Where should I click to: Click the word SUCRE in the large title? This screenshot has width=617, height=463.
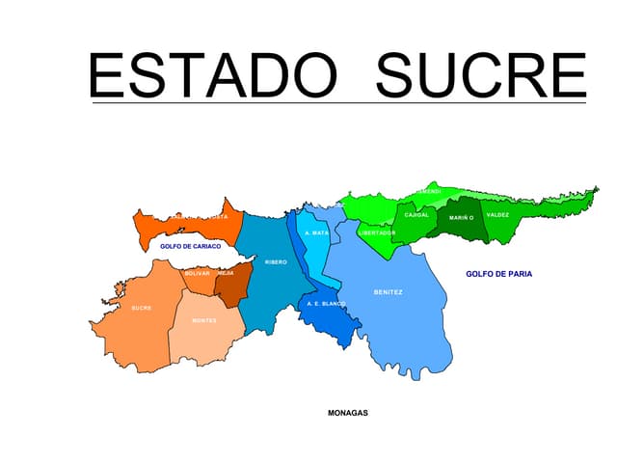(480, 74)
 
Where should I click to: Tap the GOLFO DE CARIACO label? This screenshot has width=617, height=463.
(191, 247)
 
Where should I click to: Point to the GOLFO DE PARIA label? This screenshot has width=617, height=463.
(498, 274)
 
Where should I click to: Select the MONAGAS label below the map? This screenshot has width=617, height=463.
(348, 413)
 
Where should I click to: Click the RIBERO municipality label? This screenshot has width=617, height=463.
(276, 262)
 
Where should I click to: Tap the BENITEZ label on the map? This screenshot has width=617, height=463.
(389, 292)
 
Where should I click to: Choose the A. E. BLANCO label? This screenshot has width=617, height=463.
(326, 304)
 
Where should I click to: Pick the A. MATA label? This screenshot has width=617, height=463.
(316, 233)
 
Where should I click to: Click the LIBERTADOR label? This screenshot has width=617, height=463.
(377, 232)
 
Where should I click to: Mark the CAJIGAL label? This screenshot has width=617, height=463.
(416, 215)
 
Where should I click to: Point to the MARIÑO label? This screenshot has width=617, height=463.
(462, 218)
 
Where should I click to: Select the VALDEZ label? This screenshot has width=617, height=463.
(497, 215)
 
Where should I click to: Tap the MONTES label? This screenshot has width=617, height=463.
(204, 320)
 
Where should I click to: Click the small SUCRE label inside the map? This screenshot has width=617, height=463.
(142, 309)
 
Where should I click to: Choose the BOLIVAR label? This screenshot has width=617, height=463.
(197, 273)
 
